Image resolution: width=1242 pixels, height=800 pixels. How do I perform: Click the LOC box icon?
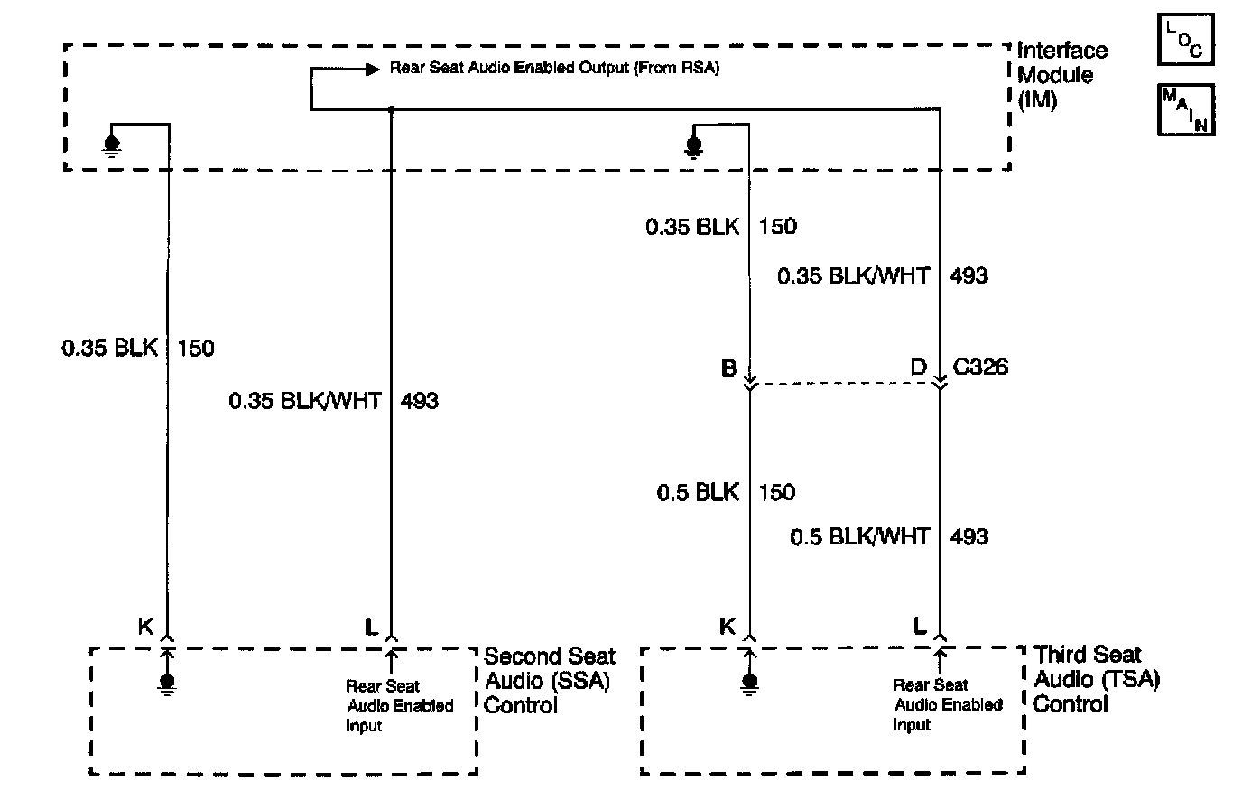[1185, 40]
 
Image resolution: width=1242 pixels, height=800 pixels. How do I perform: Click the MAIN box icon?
[1185, 109]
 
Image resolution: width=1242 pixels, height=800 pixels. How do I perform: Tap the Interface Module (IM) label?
[1061, 76]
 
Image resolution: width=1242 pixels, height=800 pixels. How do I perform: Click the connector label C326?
[979, 367]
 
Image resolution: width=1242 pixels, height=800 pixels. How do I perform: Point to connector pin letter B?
[728, 367]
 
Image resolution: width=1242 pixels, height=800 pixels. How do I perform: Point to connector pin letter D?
[919, 367]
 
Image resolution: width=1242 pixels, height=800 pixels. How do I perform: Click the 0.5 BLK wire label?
[698, 492]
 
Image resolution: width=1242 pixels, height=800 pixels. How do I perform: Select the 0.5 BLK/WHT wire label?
[859, 536]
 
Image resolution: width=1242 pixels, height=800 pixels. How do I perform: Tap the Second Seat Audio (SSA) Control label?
[549, 681]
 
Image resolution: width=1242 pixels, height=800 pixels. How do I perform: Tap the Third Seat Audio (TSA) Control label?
[1096, 679]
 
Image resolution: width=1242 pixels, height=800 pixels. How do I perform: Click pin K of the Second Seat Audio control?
[145, 627]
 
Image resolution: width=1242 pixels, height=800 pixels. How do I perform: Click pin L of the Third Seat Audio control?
[919, 626]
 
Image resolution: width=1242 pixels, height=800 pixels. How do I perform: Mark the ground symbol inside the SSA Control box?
[167, 684]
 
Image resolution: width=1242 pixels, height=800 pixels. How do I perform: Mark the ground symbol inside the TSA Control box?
[749, 684]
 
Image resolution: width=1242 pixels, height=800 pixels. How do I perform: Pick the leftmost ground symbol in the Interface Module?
[111, 145]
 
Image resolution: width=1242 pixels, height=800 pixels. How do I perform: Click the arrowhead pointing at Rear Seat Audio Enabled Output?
[373, 69]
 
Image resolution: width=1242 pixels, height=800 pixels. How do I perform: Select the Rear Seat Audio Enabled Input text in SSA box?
[399, 706]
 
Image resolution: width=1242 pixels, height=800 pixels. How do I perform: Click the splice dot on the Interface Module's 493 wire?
[391, 109]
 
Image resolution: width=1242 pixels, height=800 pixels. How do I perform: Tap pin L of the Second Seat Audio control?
[372, 627]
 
